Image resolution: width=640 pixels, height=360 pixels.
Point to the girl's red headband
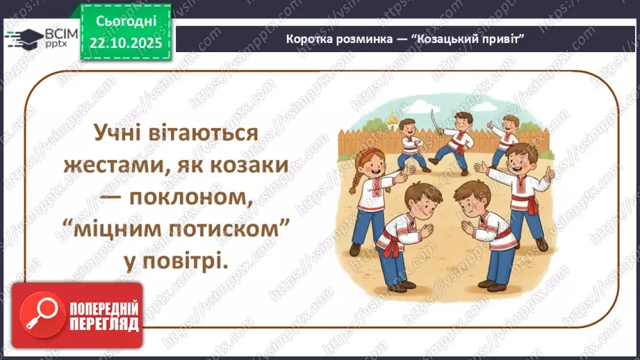(367, 154)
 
